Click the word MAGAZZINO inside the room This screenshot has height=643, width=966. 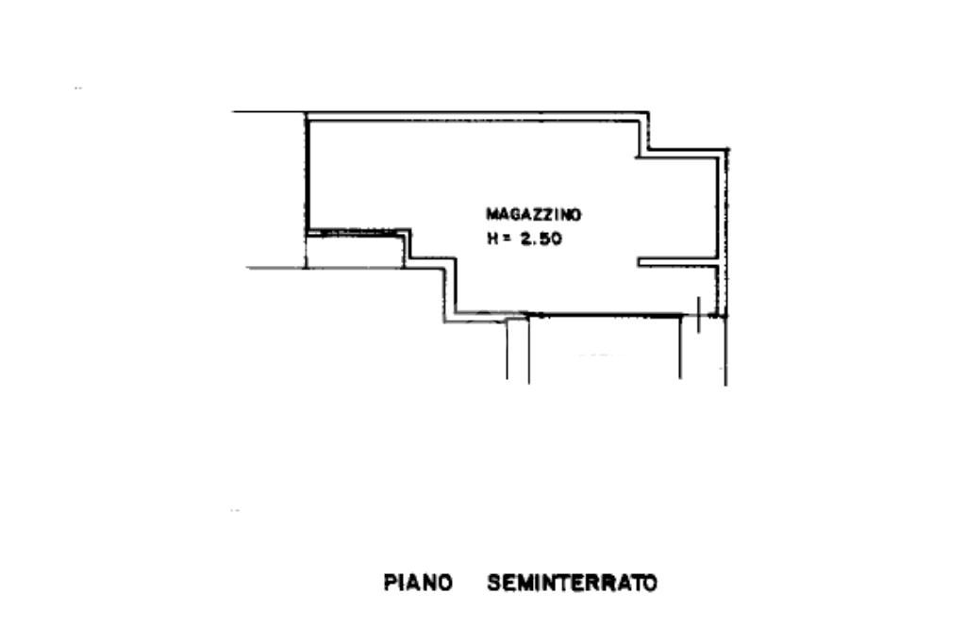coord(533,214)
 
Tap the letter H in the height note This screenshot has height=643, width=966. coord(491,239)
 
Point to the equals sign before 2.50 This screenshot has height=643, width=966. coord(507,239)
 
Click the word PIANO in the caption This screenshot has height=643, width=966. coord(418,583)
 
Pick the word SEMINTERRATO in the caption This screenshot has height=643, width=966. coord(572,583)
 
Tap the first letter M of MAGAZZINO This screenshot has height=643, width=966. coord(491,214)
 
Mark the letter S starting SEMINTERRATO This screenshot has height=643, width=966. coord(493,583)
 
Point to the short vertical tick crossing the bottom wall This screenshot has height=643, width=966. coord(697,314)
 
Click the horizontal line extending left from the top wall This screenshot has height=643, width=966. coord(269,112)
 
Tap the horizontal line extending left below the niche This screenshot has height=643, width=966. coord(276,268)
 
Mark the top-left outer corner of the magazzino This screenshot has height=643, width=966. coord(307,114)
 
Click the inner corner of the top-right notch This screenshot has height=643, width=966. coord(646,151)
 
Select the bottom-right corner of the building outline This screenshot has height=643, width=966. coord(726,316)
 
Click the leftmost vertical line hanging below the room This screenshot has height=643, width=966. coord(508,349)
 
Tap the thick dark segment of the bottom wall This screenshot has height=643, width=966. coord(604,315)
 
